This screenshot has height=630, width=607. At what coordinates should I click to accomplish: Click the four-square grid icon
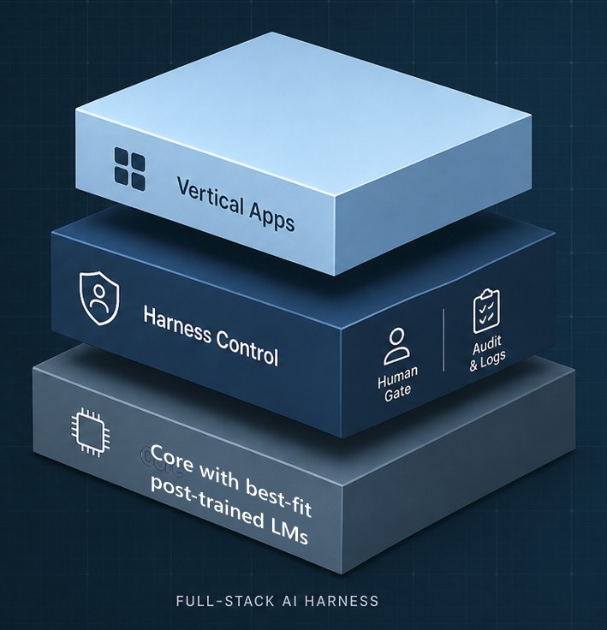[130, 169]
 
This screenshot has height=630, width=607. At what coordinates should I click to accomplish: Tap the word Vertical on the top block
[211, 198]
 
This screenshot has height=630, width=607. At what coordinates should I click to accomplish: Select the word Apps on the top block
[271, 217]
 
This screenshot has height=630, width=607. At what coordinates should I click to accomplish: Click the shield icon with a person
[99, 298]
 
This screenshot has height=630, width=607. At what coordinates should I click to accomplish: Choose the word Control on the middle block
[247, 348]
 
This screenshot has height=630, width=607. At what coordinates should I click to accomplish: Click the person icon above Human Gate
[396, 347]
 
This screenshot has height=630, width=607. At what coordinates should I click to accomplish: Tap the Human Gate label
[397, 384]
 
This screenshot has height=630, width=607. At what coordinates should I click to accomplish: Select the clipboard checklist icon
[486, 311]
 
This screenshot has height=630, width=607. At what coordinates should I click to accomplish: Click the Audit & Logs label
[487, 354]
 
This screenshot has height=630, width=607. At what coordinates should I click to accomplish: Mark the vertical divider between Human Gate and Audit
[443, 340]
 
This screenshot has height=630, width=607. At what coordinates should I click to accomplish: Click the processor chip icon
[91, 432]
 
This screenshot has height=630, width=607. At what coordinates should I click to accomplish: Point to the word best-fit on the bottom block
[278, 497]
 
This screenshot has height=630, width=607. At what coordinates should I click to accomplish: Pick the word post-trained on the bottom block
[207, 502]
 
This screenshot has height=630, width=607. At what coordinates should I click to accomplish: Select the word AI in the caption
[290, 601]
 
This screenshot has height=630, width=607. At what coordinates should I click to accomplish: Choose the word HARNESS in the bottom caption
[342, 601]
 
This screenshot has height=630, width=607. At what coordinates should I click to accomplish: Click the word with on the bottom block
[219, 477]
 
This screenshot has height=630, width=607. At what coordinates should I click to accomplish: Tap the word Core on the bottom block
[172, 458]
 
